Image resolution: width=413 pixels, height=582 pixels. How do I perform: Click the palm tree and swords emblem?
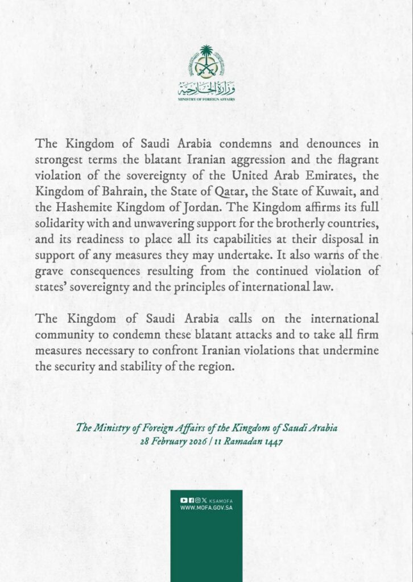[x=206, y=63]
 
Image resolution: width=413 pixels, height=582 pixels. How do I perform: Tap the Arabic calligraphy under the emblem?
[x=206, y=88]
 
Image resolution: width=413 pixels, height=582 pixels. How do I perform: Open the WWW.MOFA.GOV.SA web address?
[x=206, y=507]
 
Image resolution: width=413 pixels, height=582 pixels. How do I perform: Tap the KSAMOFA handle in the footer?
[x=221, y=500]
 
